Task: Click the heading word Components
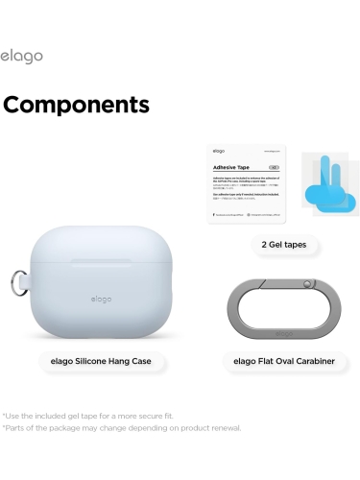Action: point(76,104)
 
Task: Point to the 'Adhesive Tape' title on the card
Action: point(231,166)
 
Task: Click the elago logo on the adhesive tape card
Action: point(219,151)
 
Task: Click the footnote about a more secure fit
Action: point(88,415)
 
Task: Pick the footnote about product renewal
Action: point(121,427)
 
